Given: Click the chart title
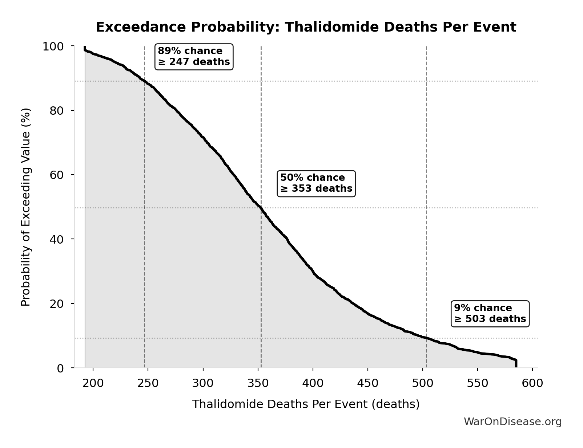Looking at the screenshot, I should coord(306,27).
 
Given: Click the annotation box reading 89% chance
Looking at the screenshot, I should coord(194,56).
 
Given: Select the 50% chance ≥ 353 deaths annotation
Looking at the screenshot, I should coord(316,183).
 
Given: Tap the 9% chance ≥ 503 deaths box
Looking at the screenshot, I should coord(490,314).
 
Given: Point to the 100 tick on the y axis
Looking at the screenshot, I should coord(53,46).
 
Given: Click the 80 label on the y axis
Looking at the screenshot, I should coord(57,111).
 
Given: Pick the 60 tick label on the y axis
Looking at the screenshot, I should coord(57,175).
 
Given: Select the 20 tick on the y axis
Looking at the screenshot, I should coord(57,304).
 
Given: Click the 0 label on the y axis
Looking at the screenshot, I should coord(60,368).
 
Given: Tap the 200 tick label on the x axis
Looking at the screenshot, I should coord(93,383).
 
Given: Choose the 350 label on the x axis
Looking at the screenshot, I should coord(258,383).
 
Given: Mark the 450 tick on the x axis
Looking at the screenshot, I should coord(368,383).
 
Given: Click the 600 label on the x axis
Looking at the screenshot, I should coord(532,383).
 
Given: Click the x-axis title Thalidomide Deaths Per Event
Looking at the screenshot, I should coord(306,404).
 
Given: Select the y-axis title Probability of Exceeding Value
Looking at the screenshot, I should coord(26,207).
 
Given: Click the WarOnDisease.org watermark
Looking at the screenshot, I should coord(512,422).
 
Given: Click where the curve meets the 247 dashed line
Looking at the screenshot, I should coord(144,81).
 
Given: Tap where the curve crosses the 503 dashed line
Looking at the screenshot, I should coord(426,338).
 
